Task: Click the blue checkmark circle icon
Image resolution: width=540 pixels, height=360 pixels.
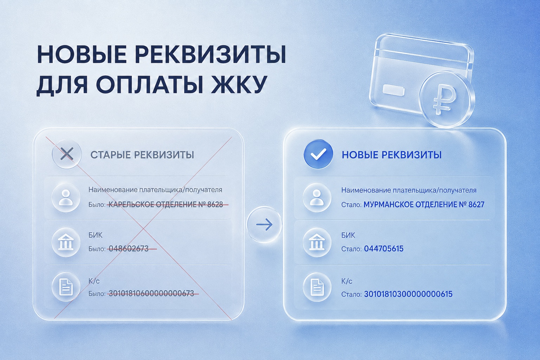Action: click(x=318, y=154)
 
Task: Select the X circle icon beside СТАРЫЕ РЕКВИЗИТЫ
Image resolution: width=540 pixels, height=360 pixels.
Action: click(x=67, y=154)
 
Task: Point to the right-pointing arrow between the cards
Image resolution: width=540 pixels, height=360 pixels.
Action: click(x=264, y=225)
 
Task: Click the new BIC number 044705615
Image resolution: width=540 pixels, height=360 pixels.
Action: click(x=384, y=249)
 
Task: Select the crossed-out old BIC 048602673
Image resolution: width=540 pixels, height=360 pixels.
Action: click(x=129, y=249)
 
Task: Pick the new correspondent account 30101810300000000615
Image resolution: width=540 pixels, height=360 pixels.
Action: click(x=408, y=294)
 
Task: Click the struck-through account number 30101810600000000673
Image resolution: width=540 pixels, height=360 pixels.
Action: click(x=152, y=294)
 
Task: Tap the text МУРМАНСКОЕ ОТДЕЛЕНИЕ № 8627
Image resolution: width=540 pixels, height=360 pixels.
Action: click(x=424, y=205)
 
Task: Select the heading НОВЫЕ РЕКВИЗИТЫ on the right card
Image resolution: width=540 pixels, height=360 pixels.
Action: click(x=392, y=155)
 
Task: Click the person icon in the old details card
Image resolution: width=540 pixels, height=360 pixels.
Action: click(x=66, y=198)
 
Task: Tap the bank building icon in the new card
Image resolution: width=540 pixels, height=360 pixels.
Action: click(x=317, y=242)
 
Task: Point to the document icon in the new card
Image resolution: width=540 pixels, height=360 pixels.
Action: click(x=317, y=287)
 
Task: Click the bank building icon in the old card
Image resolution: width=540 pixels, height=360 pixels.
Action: click(x=66, y=242)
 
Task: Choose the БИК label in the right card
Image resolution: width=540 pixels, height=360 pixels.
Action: click(x=348, y=235)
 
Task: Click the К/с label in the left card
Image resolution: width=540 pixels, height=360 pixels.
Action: click(x=94, y=281)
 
